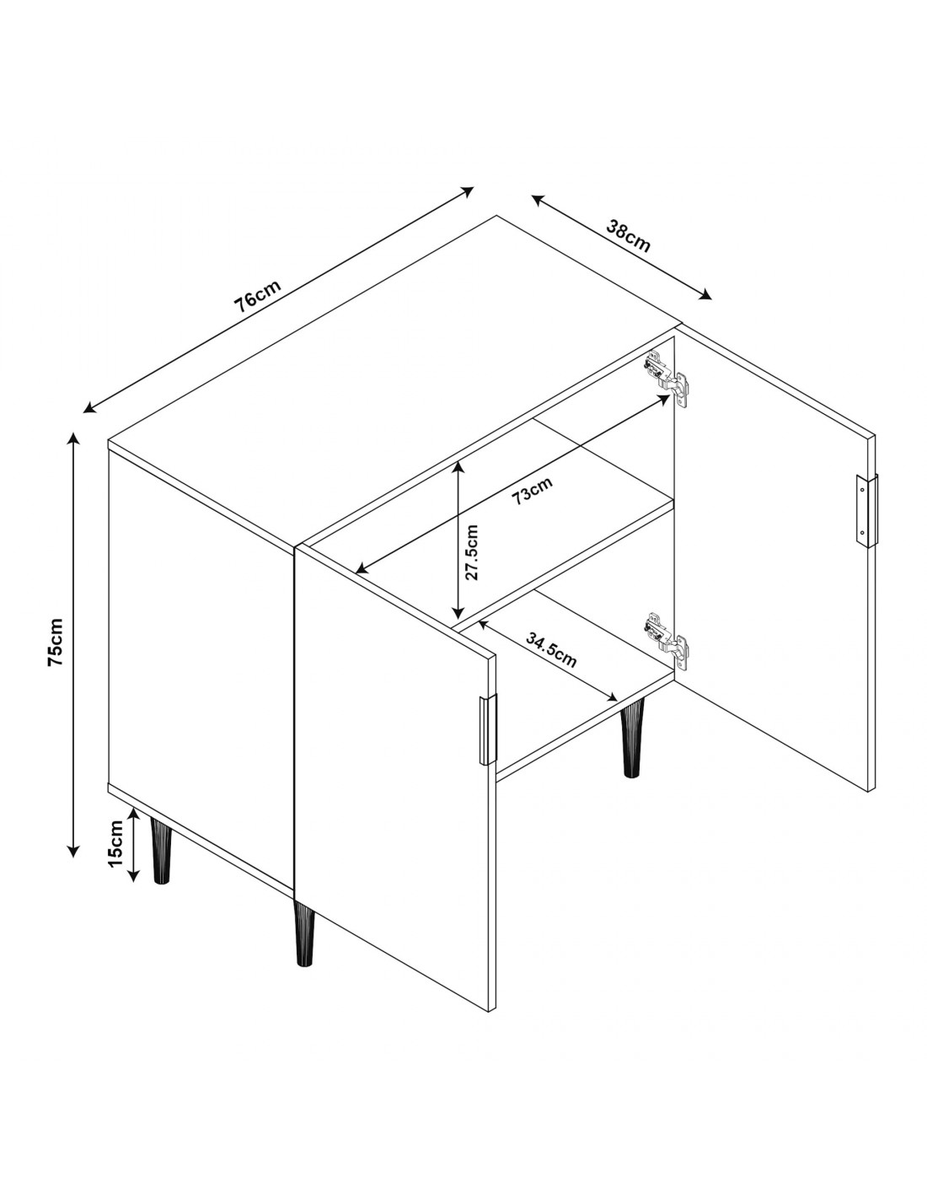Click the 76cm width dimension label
(x=258, y=296)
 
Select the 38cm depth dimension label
(x=628, y=235)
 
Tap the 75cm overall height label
(x=56, y=642)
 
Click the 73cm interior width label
(x=532, y=491)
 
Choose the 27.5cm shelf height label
(x=472, y=552)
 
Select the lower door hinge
(x=668, y=641)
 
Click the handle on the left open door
(x=487, y=729)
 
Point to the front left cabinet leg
(x=160, y=852)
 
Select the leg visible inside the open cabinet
(x=632, y=737)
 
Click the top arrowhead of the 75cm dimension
(x=73, y=438)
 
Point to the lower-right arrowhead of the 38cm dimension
(x=705, y=295)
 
